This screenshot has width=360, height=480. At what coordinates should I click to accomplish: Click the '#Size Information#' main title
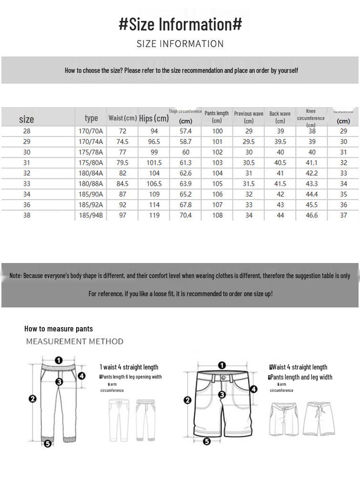tap(180, 24)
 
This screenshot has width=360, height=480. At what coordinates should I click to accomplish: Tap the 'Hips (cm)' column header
tap(154, 118)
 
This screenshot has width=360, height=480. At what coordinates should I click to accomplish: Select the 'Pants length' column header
tap(217, 117)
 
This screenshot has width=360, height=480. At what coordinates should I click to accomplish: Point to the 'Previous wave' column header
tap(249, 117)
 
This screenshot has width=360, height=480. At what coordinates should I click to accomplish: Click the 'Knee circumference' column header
tap(310, 118)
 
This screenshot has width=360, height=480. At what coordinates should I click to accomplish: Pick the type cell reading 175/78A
tap(90, 152)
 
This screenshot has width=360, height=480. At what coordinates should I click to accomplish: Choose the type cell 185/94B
tap(90, 215)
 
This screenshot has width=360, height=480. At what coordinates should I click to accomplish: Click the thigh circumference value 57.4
tap(186, 131)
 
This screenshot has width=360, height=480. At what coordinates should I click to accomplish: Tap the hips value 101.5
tap(154, 163)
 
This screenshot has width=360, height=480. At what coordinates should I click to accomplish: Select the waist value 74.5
tap(122, 142)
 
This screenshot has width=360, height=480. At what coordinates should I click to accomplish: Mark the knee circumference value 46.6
tap(311, 215)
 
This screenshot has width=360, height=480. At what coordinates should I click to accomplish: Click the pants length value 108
tap(217, 215)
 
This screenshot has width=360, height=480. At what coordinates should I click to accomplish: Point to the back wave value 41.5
tap(280, 184)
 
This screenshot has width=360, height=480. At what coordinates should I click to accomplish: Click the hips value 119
tap(154, 215)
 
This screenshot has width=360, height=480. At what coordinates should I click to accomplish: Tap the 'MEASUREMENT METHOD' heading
tap(75, 341)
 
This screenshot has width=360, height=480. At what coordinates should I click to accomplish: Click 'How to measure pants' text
tap(59, 329)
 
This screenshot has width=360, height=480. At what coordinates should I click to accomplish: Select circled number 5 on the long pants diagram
tap(48, 444)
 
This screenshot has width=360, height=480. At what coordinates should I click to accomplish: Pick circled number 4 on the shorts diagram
tap(253, 389)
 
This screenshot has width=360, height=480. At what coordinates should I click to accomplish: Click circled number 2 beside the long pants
tap(32, 399)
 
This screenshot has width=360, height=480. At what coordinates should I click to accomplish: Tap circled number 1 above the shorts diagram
tap(222, 366)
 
